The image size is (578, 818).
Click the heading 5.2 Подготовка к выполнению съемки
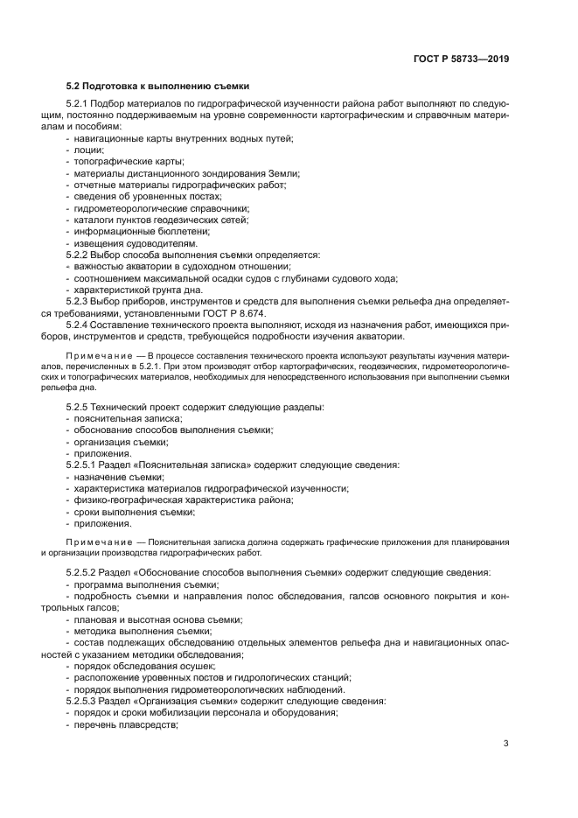(158, 87)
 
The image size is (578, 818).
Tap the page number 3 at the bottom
(506, 744)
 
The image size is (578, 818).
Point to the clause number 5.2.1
(80, 104)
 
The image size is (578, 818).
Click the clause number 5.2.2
(80, 255)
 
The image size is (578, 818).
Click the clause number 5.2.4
(80, 324)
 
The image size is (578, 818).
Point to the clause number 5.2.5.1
(86, 465)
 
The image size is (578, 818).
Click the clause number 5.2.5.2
(86, 572)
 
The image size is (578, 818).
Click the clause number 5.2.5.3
(86, 701)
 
